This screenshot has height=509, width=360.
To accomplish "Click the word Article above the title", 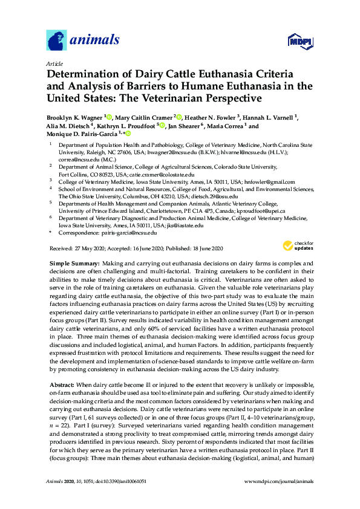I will coord(54,62).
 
